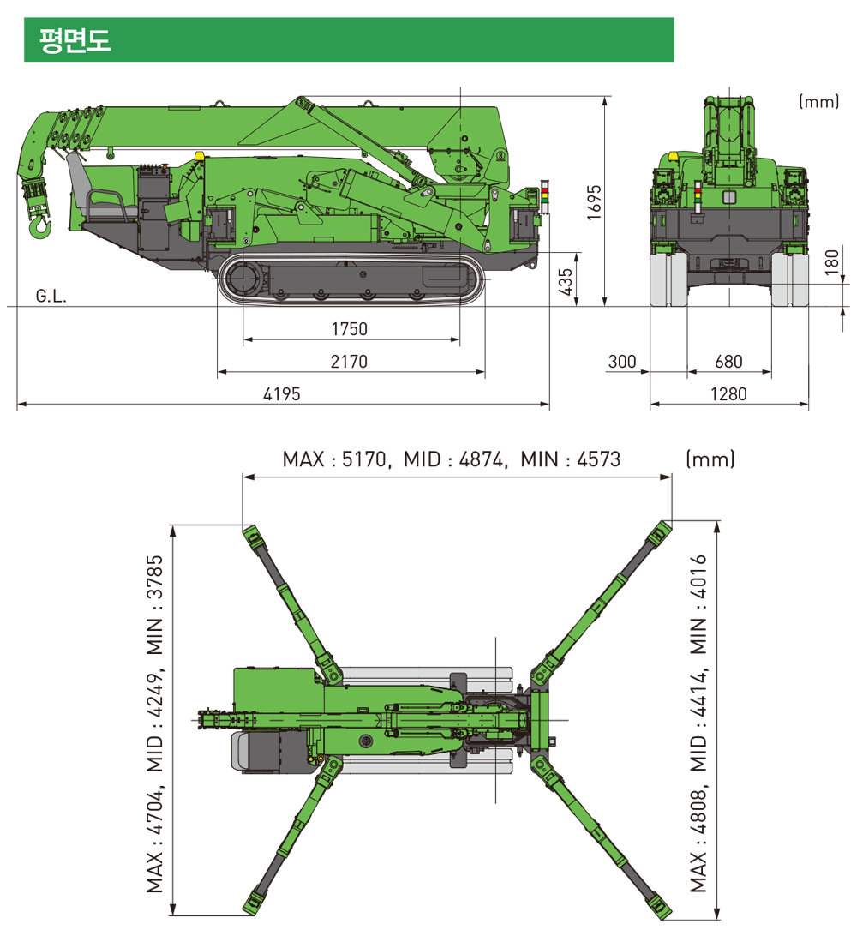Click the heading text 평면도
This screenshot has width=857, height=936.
coord(75,40)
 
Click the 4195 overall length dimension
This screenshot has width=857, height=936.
coord(282,394)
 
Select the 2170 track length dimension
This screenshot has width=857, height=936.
coord(349,361)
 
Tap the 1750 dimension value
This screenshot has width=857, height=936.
coord(349,329)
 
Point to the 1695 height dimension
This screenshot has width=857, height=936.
coord(594,202)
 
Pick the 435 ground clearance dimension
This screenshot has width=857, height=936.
coord(565,281)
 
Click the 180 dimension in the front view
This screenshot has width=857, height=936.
coord(831,262)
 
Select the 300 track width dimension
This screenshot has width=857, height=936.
coord(622,361)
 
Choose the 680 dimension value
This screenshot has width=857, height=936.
coord(728,361)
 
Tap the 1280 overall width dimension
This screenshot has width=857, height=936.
coord(728,394)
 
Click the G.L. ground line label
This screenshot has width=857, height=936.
coord(51,296)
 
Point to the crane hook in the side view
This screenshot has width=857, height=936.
coord(39,227)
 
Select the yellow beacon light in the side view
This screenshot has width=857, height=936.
coord(199,155)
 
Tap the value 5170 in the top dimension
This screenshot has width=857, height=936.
coord(364,459)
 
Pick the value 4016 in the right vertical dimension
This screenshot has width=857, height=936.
coord(698,577)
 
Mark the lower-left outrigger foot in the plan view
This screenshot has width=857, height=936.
coord(253,902)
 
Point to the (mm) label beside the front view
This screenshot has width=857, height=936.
coord(818,101)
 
